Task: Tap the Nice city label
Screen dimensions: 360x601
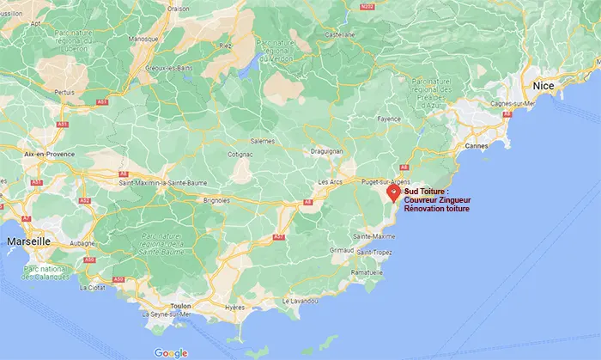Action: point(543,86)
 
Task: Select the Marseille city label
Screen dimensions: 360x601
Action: point(29,242)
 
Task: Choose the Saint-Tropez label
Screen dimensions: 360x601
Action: point(374,252)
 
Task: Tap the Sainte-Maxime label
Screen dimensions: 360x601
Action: point(373,235)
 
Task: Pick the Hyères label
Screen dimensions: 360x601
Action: point(234,307)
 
